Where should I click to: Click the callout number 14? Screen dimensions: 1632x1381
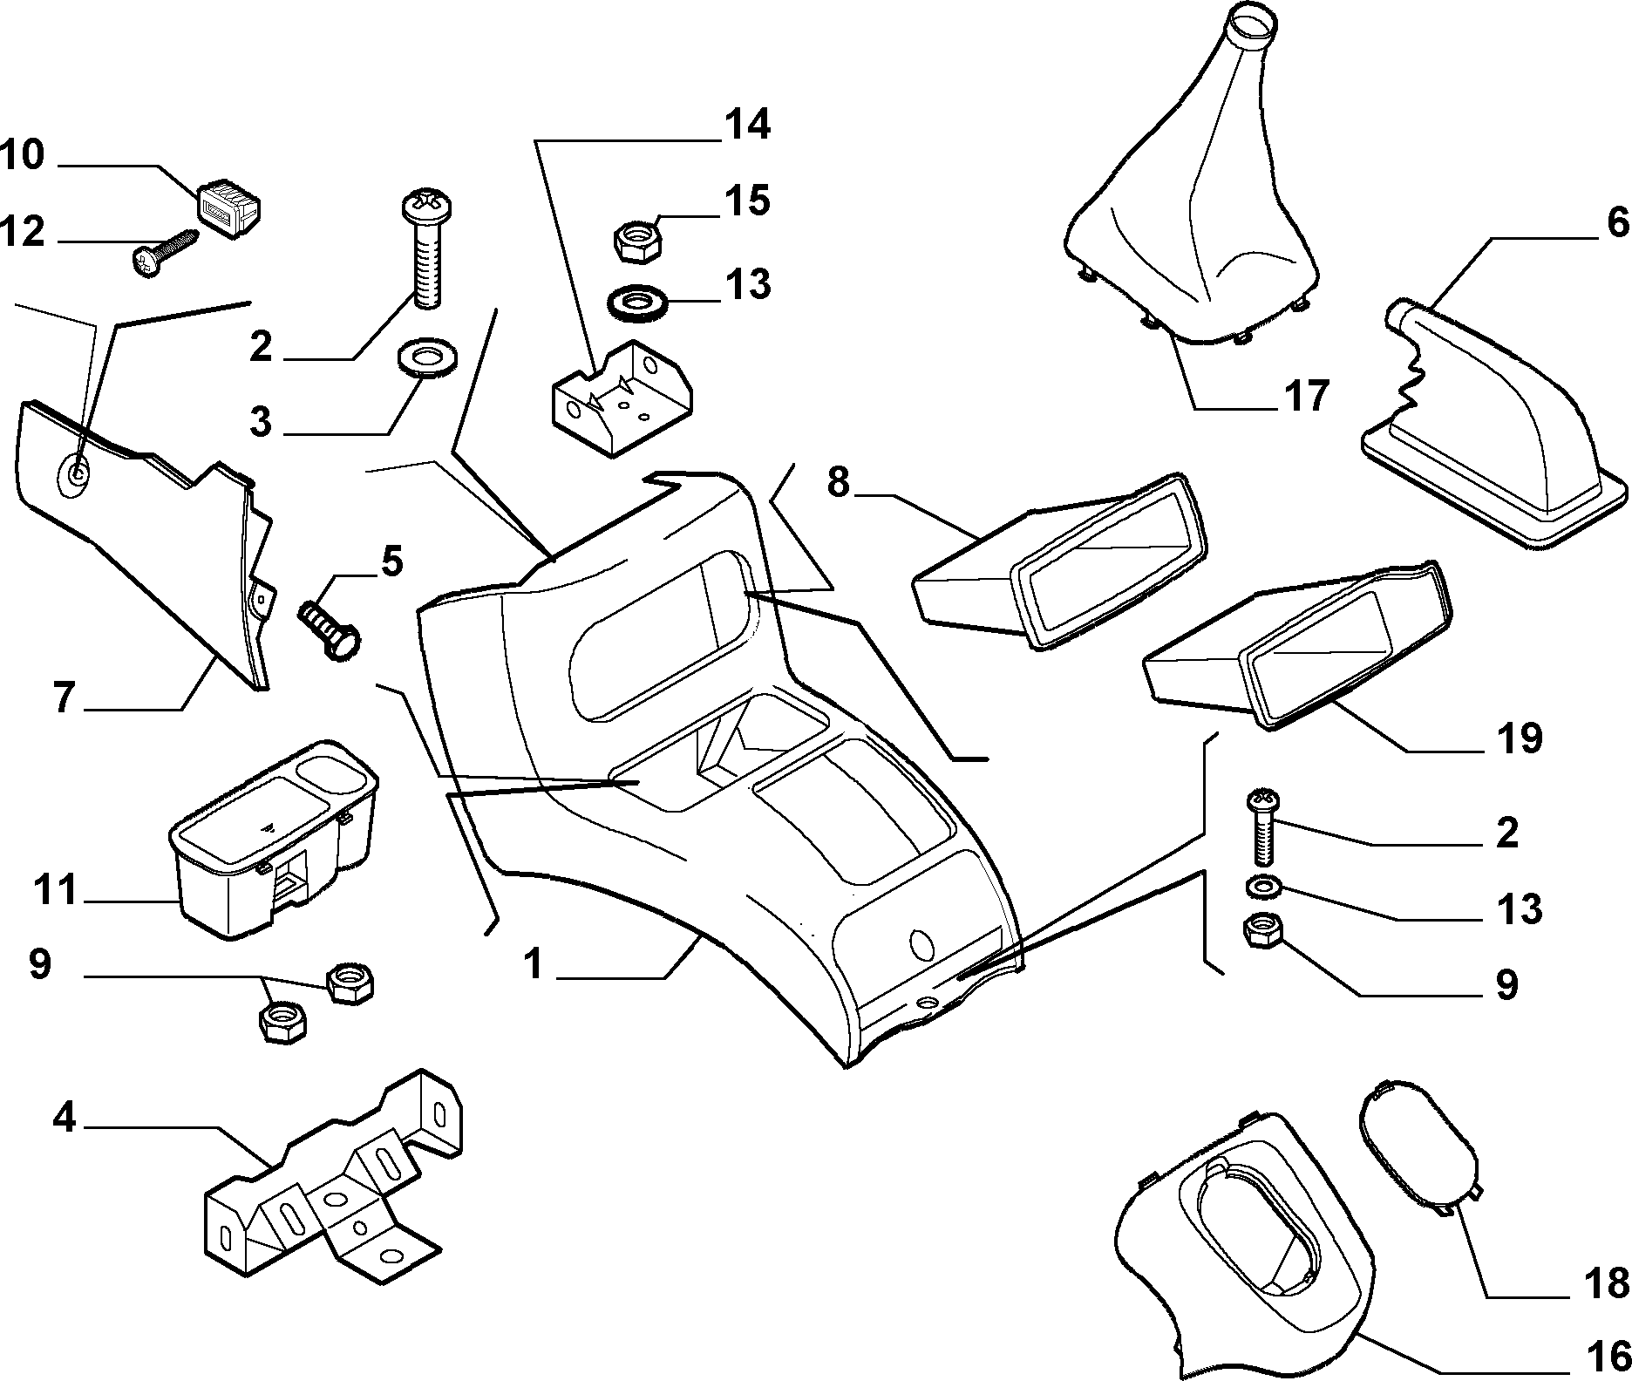tap(745, 125)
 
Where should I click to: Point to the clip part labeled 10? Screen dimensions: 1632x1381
tap(230, 207)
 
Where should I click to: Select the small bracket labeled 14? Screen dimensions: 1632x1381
tap(622, 397)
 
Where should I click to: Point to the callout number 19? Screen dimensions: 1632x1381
tap(1518, 738)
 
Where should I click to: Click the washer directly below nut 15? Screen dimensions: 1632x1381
tap(636, 305)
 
